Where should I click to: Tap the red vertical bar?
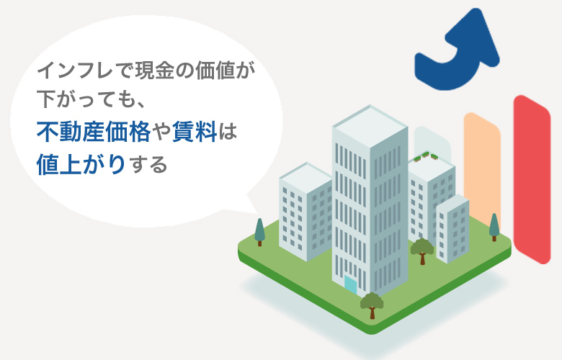531,180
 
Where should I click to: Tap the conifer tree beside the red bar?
494,226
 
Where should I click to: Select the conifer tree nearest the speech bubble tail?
259,230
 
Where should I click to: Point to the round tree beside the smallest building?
422,249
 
